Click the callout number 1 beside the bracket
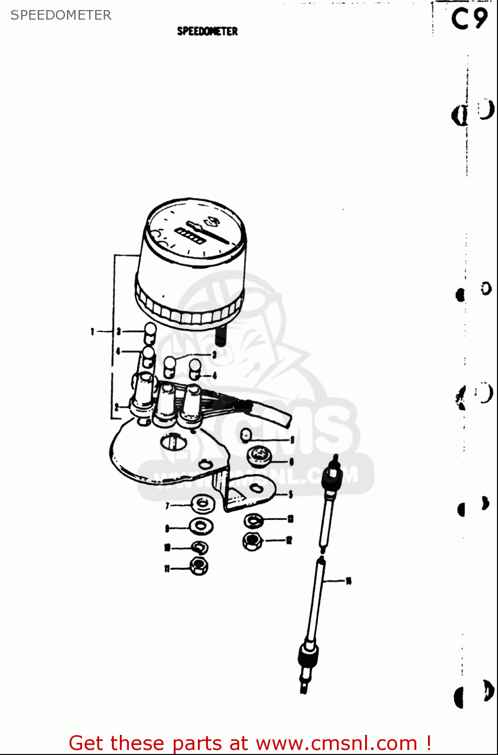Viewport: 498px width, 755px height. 92,331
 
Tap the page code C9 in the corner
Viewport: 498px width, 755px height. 469,19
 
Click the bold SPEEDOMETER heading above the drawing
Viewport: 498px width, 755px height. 207,31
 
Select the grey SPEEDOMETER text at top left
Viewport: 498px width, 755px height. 61,15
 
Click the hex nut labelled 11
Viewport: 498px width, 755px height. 199,566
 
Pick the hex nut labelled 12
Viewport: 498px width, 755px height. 252,541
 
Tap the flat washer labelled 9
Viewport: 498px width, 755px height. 201,526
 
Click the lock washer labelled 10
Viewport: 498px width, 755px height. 200,547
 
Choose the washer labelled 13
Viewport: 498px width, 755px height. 253,520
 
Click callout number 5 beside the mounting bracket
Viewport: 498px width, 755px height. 291,494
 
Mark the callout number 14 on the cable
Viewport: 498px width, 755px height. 348,581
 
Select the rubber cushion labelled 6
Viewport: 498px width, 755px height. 259,456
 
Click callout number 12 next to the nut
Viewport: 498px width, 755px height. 289,541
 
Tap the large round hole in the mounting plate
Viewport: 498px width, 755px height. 173,442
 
